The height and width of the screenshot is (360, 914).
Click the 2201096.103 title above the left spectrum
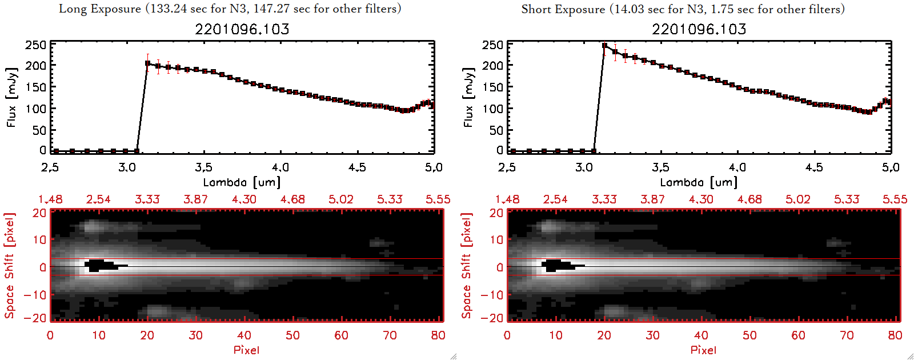(x=242, y=29)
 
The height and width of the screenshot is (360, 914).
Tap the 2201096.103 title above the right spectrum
(x=699, y=29)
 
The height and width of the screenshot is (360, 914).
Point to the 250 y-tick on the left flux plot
(x=35, y=45)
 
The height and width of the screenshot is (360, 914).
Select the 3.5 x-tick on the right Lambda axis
(x=660, y=167)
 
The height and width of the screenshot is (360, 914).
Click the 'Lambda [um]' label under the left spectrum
(x=242, y=182)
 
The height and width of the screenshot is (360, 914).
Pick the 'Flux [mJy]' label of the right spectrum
(x=468, y=98)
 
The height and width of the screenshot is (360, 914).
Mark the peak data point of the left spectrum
(x=147, y=63)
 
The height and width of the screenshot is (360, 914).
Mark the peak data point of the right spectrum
(x=604, y=46)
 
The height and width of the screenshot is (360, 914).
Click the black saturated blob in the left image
(x=101, y=265)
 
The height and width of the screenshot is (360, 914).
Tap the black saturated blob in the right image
(x=558, y=265)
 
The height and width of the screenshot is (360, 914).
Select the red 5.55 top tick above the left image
(x=438, y=199)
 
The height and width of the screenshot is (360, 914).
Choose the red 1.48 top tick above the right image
(x=507, y=199)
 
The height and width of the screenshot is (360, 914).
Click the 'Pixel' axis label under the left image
(x=246, y=350)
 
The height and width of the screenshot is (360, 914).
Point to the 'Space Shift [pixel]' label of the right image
(x=467, y=266)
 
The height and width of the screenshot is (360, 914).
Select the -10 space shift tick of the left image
(x=35, y=295)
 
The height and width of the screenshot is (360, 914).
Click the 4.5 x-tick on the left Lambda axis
(x=357, y=167)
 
